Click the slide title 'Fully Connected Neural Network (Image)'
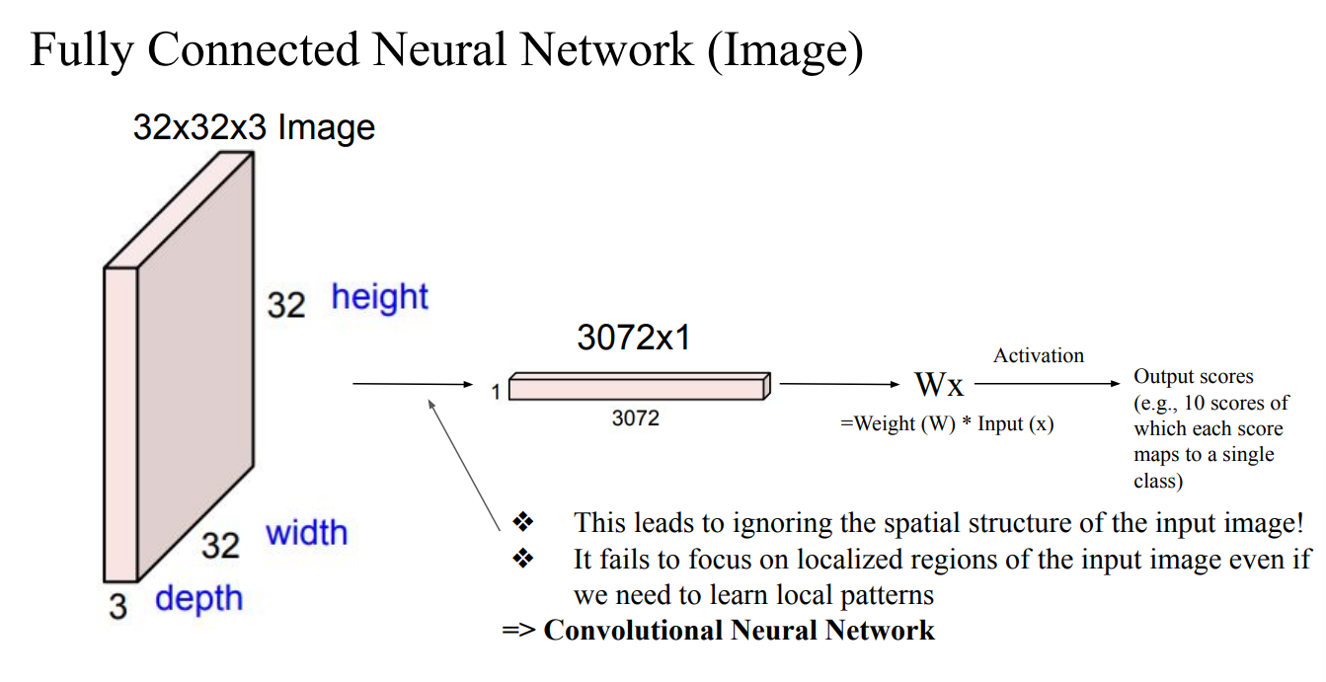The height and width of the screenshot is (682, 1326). (x=446, y=49)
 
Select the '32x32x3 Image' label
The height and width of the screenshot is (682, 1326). (x=254, y=127)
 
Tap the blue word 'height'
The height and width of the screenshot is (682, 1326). (x=379, y=297)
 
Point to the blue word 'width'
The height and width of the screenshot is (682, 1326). (x=306, y=533)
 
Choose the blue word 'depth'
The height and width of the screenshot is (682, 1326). (x=198, y=598)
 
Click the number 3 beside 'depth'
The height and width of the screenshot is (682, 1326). (x=118, y=605)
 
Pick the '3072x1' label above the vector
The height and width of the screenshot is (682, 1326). (x=634, y=339)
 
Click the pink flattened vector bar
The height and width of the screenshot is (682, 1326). (x=637, y=388)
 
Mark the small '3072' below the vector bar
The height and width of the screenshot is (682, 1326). (x=635, y=418)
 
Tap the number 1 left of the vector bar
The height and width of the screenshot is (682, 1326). (x=495, y=393)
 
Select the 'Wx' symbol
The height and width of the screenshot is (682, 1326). (x=939, y=385)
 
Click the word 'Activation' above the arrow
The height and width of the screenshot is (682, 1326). (x=1039, y=355)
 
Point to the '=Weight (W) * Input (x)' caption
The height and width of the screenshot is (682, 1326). (x=947, y=423)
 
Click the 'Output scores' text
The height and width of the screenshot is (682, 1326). (x=1193, y=376)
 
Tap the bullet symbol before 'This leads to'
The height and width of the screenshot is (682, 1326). (x=523, y=521)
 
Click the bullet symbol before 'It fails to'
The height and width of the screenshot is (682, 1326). (x=523, y=559)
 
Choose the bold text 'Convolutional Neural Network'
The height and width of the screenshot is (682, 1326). (x=739, y=630)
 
